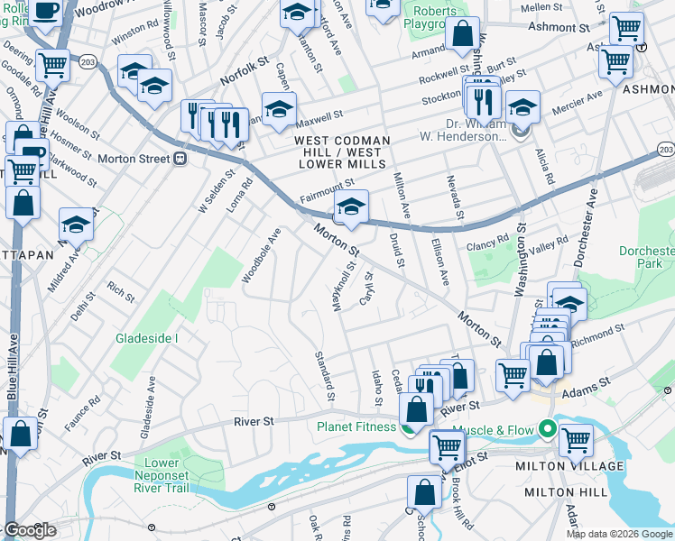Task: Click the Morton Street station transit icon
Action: [x=180, y=159]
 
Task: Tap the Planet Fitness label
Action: [x=355, y=426]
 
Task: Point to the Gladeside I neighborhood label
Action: [x=146, y=338]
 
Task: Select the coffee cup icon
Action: [x=47, y=11]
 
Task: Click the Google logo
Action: [x=30, y=530]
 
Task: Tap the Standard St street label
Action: [x=323, y=376]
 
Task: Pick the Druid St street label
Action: [x=394, y=250]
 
